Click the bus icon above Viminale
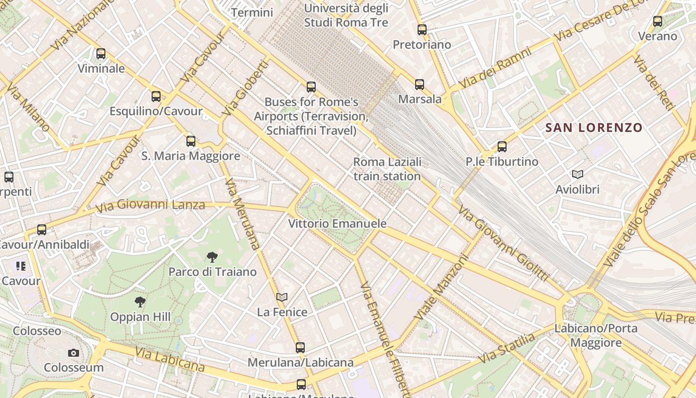pos(101,54)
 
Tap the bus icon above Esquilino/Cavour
pos(156,97)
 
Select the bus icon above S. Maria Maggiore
pos(191,141)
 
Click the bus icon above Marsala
pos(420,85)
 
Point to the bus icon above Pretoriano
pos(422,30)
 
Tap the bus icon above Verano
pos(658,21)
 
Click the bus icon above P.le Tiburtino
pos(502,147)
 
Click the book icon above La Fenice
pos(282,298)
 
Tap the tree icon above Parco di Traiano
pos(212,257)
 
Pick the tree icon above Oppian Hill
pos(140,301)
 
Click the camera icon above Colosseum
pos(74,353)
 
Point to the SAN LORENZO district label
pos(594,127)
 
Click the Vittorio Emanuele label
pos(338,224)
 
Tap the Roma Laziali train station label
pos(387,169)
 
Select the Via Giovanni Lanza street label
pos(150,205)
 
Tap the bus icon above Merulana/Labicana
pos(300,348)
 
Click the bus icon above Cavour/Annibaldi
pos(42,230)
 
